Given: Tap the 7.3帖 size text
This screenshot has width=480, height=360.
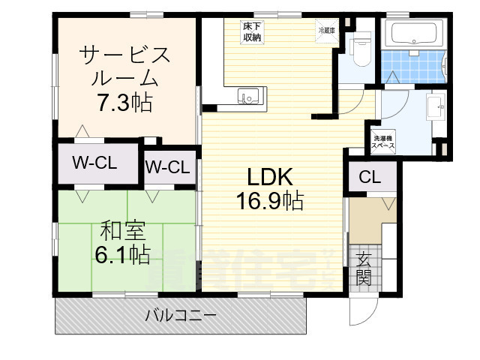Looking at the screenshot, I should [124, 103].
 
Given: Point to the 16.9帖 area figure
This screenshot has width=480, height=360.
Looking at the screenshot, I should [271, 201].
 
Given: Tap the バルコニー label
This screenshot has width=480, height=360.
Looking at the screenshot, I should [180, 315].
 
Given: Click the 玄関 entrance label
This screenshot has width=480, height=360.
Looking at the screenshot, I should [364, 269].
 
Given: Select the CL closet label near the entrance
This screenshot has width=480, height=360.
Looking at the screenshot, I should [369, 178].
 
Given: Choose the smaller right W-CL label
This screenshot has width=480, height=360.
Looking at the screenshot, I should [169, 166].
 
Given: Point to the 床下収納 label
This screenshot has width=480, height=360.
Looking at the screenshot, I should [251, 32].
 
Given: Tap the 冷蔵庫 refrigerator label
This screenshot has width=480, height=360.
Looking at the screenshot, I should [327, 31].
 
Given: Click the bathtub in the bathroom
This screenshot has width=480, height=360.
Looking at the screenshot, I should [415, 34].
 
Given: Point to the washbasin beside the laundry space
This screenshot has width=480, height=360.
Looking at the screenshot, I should [434, 109].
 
